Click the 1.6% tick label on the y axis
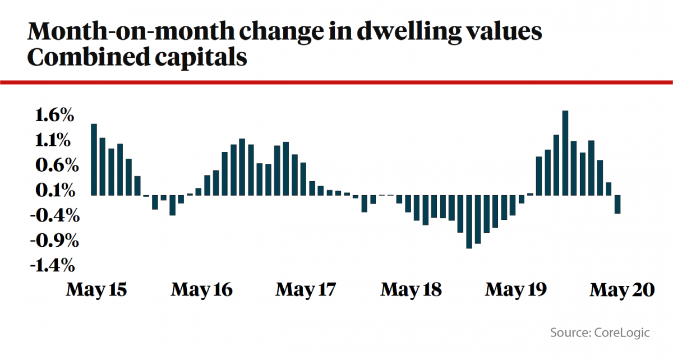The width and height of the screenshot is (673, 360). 53,116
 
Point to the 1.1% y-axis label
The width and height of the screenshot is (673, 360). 53,141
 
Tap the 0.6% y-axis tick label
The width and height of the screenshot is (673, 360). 53,166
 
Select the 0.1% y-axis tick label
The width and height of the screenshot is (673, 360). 53,191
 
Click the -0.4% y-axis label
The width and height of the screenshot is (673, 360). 50,216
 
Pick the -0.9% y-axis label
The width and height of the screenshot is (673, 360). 50,241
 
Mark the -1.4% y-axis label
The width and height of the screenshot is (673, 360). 50,266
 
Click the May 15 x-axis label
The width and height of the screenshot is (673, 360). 96,290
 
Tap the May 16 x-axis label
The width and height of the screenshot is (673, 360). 201,290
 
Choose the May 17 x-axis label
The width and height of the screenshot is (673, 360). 306,290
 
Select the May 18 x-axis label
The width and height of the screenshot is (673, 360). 411,290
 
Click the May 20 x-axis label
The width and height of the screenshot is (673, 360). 621,290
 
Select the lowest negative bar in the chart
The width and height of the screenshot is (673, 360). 469,221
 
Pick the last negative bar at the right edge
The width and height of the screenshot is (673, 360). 617,204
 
